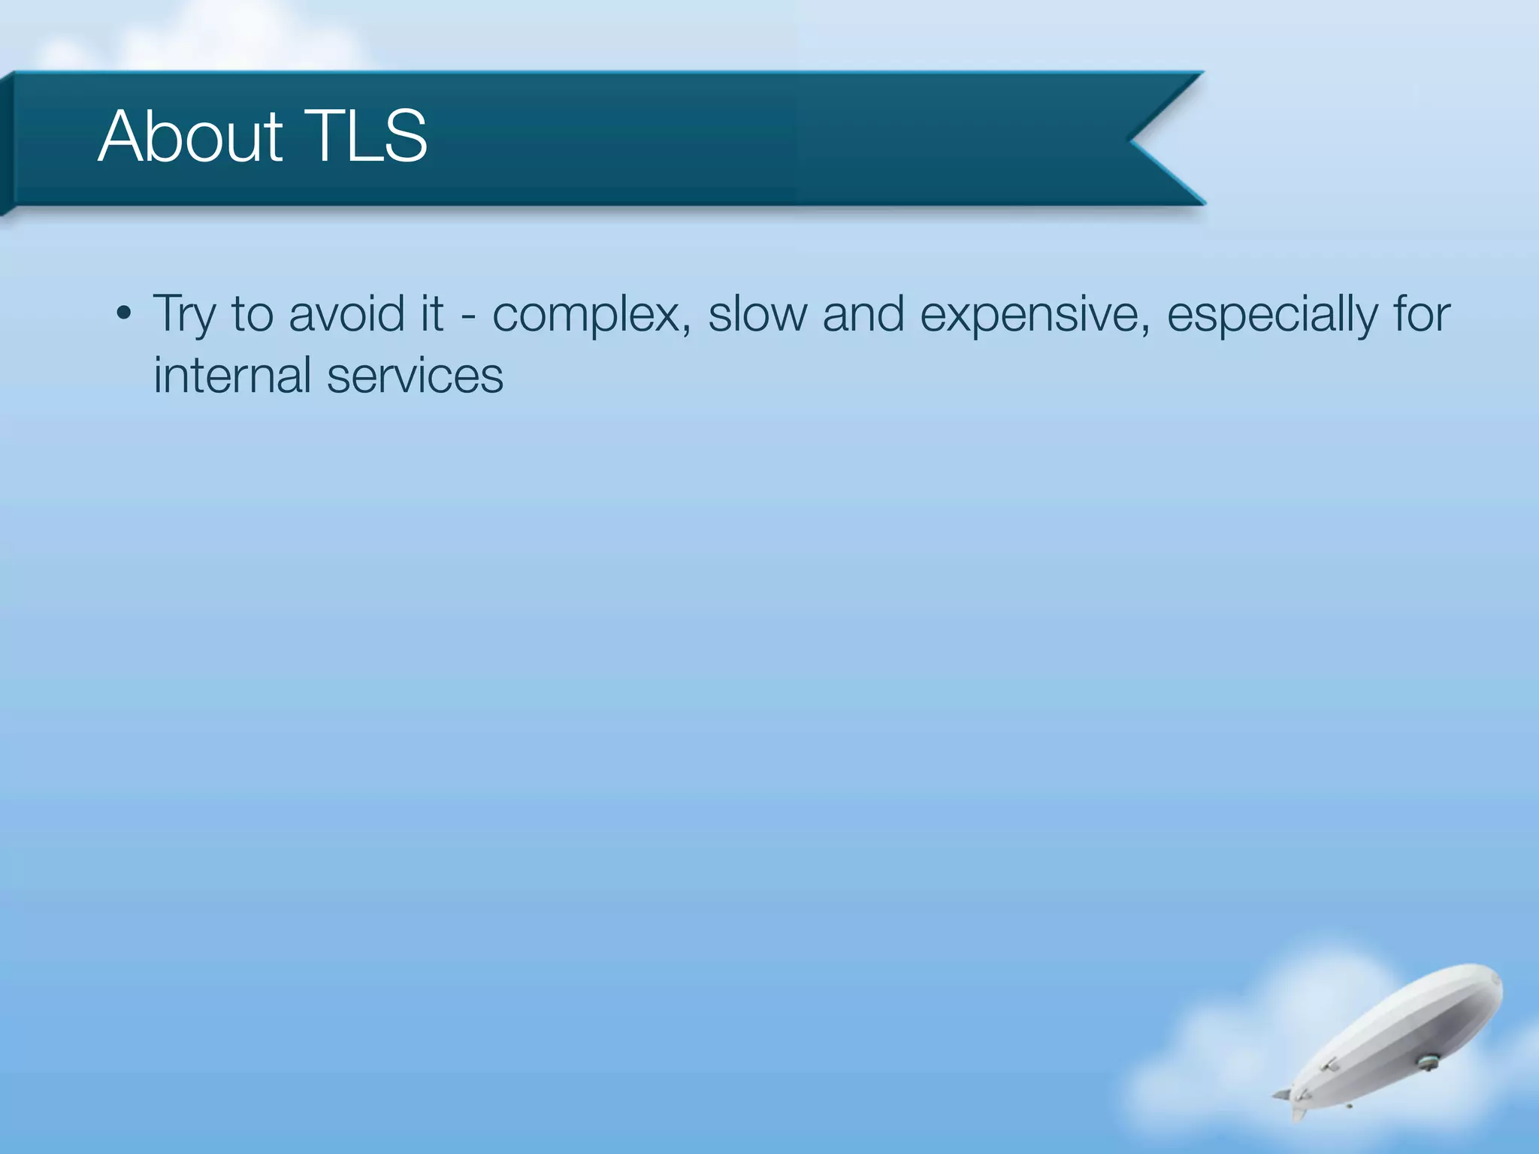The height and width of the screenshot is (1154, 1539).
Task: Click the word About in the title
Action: [x=190, y=136]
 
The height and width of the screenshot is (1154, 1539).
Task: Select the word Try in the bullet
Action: [x=183, y=314]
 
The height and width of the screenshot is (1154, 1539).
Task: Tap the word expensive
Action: [x=1036, y=314]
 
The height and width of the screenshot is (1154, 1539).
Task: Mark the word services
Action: [x=415, y=375]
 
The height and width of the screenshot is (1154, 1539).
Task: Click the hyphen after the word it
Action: [x=468, y=316]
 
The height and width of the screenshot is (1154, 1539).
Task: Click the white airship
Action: [x=1398, y=1037]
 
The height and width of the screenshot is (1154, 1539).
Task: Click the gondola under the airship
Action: [x=1426, y=1062]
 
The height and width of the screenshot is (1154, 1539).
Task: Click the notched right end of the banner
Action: [x=1157, y=139]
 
